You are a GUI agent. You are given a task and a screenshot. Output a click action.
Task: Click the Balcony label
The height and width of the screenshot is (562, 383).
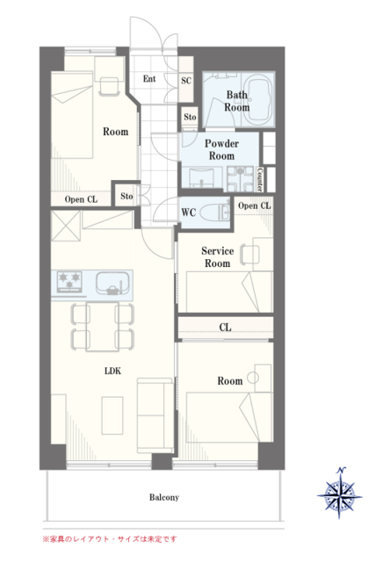pyautogui.click(x=164, y=498)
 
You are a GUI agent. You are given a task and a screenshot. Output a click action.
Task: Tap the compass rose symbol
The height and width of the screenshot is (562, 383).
pyautogui.click(x=339, y=494)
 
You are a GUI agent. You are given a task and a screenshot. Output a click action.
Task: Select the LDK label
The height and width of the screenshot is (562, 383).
pyautogui.click(x=112, y=371)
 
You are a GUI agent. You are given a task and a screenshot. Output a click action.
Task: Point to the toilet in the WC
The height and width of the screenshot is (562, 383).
pyautogui.click(x=214, y=213)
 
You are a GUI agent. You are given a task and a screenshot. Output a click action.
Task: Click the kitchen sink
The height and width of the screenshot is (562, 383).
pyautogui.click(x=112, y=283)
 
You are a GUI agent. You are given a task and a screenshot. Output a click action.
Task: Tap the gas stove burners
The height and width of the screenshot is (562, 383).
pyautogui.click(x=69, y=281)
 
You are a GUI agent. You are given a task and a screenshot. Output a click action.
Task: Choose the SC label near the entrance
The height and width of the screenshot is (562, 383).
pyautogui.click(x=185, y=81)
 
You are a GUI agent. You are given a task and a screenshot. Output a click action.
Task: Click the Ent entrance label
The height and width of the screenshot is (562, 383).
pyautogui.click(x=149, y=78)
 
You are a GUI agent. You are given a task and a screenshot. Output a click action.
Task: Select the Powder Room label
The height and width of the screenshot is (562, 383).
pyautogui.click(x=221, y=150)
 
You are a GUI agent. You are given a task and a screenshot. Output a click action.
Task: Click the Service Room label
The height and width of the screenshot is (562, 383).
pyautogui.click(x=217, y=257)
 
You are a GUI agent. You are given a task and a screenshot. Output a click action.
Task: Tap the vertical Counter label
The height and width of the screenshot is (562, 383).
pyautogui.click(x=260, y=179)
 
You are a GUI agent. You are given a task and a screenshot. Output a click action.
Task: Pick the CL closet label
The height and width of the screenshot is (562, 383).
pyautogui.click(x=225, y=328)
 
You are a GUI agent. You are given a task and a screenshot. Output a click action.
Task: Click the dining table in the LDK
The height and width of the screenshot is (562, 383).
pyautogui.click(x=103, y=326)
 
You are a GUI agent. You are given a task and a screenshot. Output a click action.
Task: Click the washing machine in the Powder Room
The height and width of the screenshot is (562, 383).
pyautogui.click(x=240, y=178)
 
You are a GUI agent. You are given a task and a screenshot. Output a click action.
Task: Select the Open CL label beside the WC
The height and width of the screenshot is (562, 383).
pyautogui.click(x=254, y=205)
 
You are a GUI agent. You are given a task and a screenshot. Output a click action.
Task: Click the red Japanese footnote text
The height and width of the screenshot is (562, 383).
pyautogui.click(x=110, y=538)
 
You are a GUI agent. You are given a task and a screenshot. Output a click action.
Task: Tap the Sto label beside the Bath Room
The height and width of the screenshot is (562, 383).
pyautogui.click(x=190, y=117)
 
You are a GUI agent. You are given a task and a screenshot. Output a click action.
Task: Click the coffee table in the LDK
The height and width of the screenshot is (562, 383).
pyautogui.click(x=112, y=415)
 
